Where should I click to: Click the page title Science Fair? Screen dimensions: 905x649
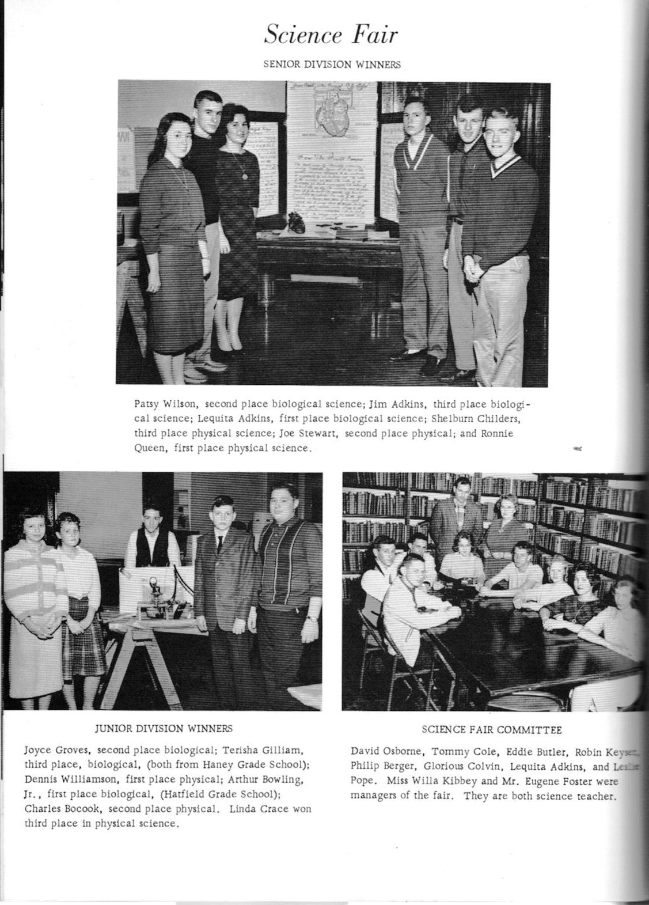click(331, 36)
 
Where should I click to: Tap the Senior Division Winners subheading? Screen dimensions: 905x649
click(332, 65)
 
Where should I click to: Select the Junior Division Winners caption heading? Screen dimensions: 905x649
click(164, 728)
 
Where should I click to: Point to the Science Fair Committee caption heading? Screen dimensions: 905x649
click(491, 730)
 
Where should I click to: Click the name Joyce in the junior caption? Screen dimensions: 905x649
click(36, 751)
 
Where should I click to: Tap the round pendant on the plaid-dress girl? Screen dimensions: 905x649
click(244, 175)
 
